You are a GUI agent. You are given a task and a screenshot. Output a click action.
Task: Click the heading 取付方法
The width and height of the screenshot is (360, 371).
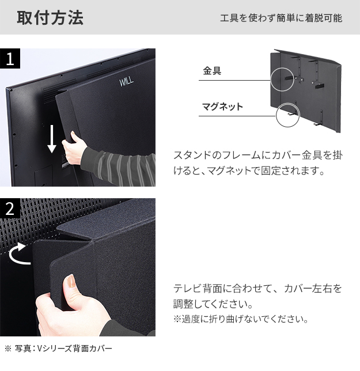[50, 17]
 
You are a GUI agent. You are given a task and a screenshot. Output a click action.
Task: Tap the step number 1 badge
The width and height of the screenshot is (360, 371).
[10, 58]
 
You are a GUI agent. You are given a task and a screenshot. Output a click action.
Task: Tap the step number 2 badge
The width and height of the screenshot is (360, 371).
[10, 209]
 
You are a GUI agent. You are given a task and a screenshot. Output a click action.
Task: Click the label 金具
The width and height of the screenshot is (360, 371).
[211, 71]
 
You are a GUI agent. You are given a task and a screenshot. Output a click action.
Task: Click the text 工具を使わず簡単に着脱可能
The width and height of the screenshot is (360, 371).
[281, 18]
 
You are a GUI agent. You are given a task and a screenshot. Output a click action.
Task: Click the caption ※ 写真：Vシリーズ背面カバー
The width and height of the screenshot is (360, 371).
[58, 349]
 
